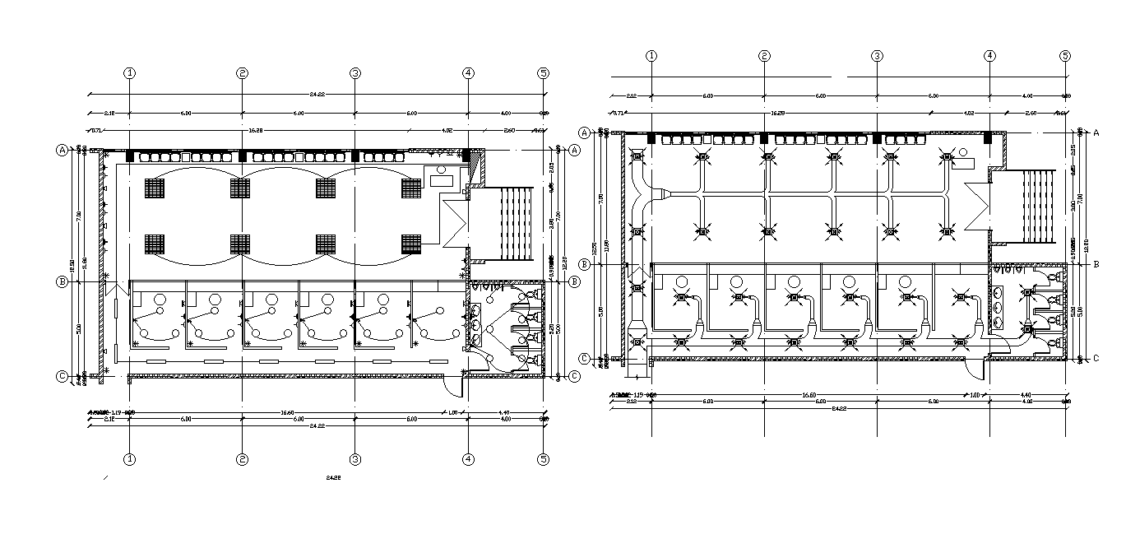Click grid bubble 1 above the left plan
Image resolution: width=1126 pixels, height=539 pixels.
pos(129,72)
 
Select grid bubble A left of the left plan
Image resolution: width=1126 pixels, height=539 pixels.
pos(62,150)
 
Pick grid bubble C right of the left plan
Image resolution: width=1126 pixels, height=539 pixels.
pos(574,376)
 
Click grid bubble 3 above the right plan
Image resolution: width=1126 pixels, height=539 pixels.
pos(878,56)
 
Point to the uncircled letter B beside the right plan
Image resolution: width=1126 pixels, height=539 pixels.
pos(1096,264)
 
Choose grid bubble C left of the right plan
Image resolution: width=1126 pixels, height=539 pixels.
pos(585,358)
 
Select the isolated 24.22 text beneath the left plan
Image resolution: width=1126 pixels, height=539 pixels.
pos(333,477)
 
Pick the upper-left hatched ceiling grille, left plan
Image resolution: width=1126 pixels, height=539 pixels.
pos(155,188)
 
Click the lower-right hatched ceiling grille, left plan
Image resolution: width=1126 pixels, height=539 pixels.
pos(411,244)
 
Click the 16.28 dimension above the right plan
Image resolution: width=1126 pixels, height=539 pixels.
pos(776,112)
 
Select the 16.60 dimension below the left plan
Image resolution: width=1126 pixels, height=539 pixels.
pos(287,412)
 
